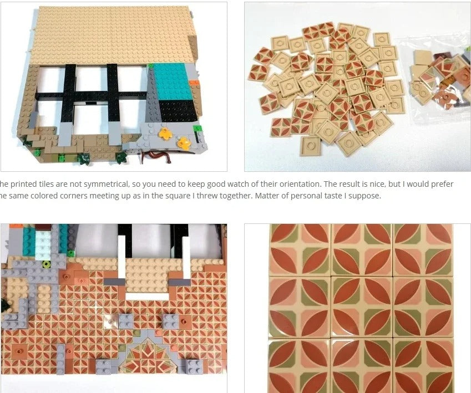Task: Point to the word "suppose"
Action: point(364,196)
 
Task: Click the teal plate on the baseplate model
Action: point(173,81)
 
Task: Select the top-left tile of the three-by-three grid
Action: point(300,250)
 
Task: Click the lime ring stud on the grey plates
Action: point(46,264)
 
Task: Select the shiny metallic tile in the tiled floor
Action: point(110,321)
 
